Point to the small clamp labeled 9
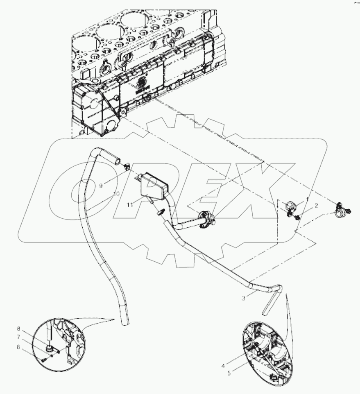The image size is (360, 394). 126,166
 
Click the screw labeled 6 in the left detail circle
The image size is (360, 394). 44,360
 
